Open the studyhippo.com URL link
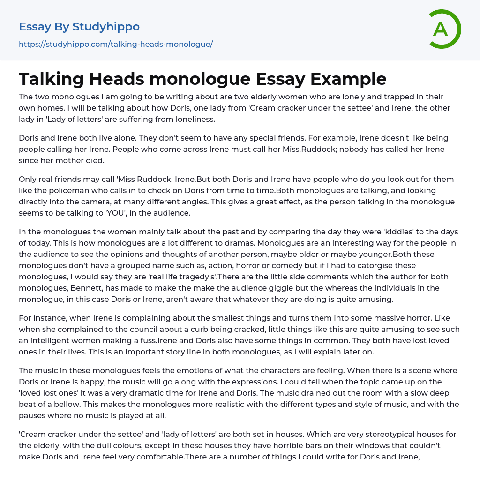[116, 44]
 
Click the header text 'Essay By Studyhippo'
[79, 27]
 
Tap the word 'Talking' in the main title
[51, 79]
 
